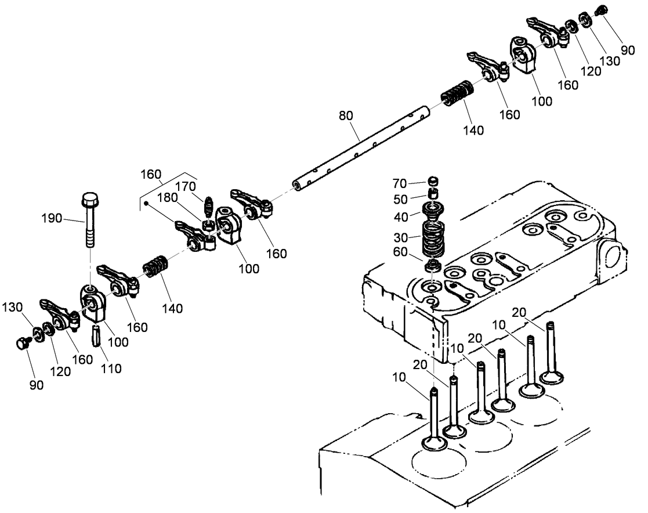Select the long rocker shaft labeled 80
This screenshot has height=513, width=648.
[360, 145]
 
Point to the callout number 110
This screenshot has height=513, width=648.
[110, 368]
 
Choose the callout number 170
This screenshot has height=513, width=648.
[186, 187]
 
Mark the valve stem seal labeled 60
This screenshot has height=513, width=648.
[431, 266]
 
